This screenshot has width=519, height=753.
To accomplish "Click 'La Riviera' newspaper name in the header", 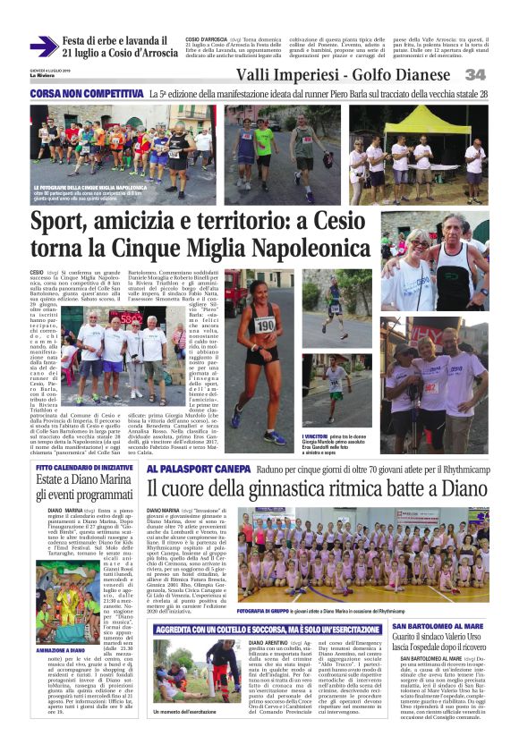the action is point(41,78).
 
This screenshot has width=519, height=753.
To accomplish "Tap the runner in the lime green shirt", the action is point(263,141).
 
